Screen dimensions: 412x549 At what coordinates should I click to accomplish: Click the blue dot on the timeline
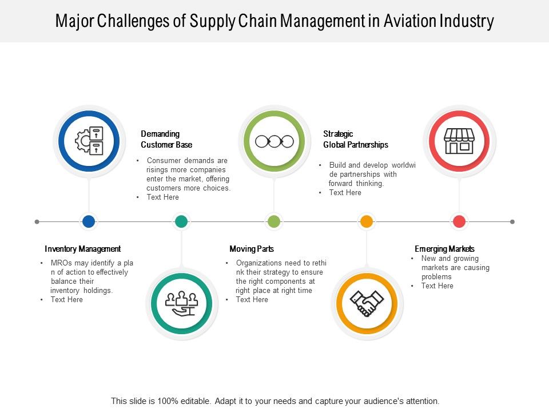[x=89, y=221]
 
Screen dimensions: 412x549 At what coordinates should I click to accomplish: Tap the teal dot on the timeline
[x=181, y=221]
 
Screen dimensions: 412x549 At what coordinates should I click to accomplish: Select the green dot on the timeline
[x=274, y=221]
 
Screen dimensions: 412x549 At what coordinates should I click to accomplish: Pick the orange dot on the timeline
[x=367, y=221]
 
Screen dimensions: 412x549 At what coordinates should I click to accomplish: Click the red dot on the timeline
[x=459, y=221]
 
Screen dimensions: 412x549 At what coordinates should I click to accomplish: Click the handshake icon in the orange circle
[x=367, y=303]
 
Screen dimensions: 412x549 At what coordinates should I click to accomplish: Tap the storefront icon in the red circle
[x=459, y=141]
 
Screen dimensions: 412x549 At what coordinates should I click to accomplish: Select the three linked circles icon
[x=274, y=141]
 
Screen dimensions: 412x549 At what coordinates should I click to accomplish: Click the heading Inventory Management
[x=83, y=249]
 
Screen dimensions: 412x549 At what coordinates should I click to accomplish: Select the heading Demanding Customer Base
[x=166, y=139]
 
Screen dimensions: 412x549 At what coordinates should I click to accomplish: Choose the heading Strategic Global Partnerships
[x=356, y=139]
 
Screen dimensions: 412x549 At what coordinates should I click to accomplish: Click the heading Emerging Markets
[x=444, y=249]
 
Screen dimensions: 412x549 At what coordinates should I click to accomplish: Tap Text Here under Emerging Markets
[x=437, y=286]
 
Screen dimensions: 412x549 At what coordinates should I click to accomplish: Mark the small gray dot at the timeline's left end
[x=37, y=221]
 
